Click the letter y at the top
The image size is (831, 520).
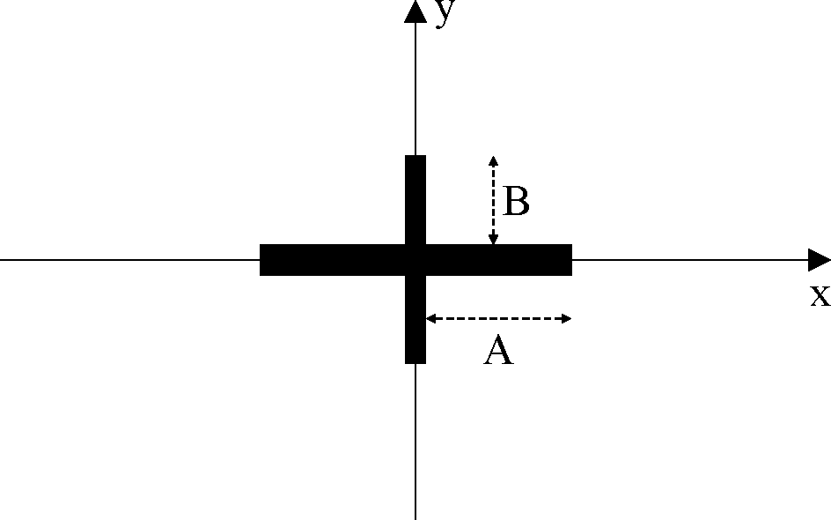[x=447, y=13]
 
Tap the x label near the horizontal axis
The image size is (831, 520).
[x=820, y=295]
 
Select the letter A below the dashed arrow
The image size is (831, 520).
[x=498, y=353]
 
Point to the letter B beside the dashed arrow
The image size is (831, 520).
[x=516, y=203]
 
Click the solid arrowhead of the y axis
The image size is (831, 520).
[x=415, y=11]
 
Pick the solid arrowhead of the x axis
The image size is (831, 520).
[x=819, y=260]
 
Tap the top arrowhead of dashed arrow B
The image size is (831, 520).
[x=493, y=160]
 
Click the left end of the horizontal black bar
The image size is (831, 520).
[x=262, y=260]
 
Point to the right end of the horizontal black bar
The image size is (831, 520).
[x=570, y=260]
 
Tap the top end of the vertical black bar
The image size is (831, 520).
[x=415, y=158]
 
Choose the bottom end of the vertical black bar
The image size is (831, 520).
[x=415, y=360]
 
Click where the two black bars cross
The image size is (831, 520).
[x=415, y=260]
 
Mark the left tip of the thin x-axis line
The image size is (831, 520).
[x=3, y=260]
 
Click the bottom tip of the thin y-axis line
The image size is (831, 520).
[x=415, y=517]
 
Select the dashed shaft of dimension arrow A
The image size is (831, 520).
[x=498, y=318]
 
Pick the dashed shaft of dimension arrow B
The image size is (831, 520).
[x=493, y=200]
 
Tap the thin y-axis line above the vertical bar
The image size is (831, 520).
[x=415, y=88]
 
